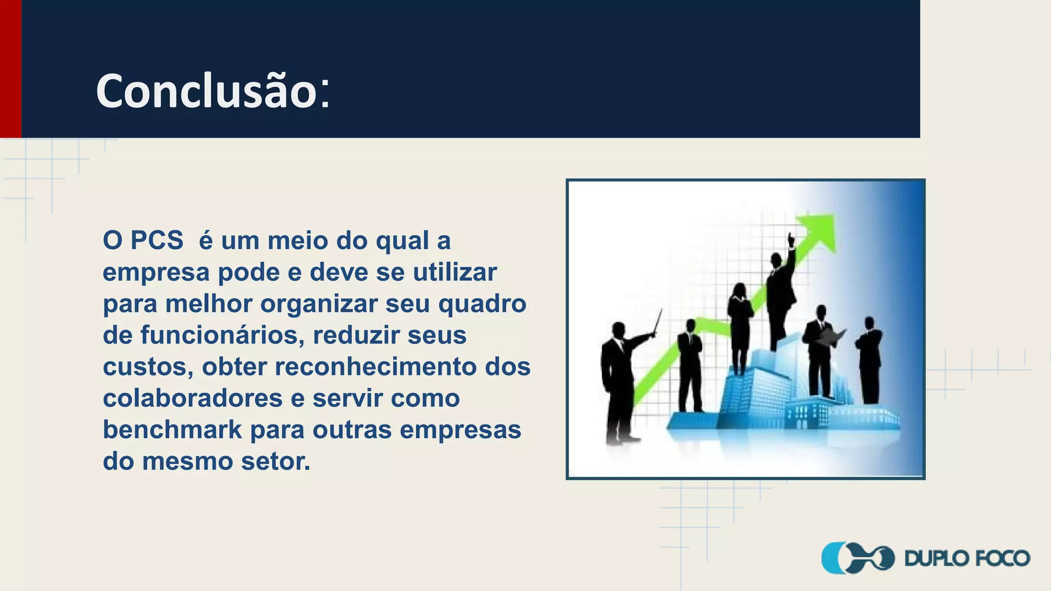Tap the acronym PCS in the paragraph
pos(157,240)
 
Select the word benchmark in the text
pos(172,429)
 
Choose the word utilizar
pos(455,272)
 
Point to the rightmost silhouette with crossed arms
pos(869,359)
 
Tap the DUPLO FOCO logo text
pos(967,558)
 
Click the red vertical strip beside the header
pos(10,69)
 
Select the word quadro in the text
pos(482,303)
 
